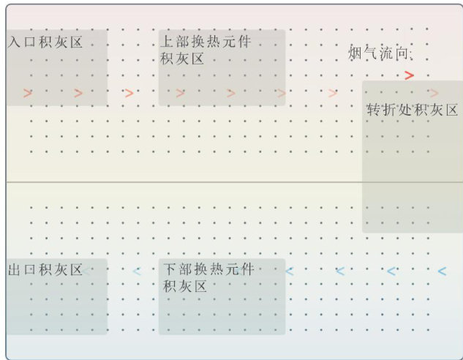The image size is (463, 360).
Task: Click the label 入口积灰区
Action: click(x=45, y=42)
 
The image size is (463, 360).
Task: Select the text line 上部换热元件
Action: click(x=205, y=42)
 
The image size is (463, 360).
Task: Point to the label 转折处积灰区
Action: click(x=413, y=110)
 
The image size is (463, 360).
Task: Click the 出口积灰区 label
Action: click(x=45, y=270)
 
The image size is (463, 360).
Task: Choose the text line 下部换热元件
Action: click(x=208, y=270)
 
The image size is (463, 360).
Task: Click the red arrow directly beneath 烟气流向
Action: click(x=409, y=75)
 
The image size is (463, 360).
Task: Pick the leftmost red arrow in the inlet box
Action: click(x=28, y=93)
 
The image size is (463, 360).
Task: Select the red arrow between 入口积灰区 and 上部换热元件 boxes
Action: click(x=129, y=93)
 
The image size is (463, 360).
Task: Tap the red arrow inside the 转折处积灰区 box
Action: click(x=434, y=93)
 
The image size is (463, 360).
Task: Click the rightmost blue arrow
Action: click(x=441, y=271)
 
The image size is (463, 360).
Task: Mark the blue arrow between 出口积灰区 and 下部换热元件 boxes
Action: click(x=136, y=271)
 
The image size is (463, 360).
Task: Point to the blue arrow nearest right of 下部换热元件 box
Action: click(x=289, y=271)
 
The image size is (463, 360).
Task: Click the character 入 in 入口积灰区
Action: click(x=15, y=42)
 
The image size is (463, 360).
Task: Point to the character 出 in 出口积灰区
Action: click(x=15, y=270)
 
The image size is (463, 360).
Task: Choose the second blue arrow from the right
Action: click(x=391, y=271)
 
